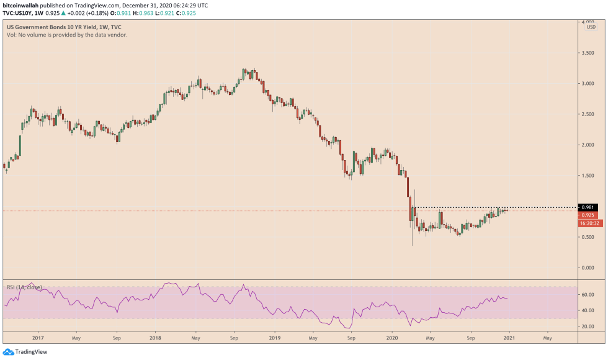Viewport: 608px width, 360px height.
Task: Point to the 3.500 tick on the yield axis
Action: (587, 53)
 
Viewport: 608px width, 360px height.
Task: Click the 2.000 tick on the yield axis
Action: (587, 145)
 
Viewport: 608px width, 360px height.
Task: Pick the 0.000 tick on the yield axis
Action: (587, 268)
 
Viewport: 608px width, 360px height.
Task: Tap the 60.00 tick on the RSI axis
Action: (587, 295)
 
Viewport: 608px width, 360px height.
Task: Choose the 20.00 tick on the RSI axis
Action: (587, 326)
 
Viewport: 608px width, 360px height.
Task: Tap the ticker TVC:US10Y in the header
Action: (20, 12)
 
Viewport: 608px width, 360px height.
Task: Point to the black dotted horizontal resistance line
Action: (496, 207)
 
